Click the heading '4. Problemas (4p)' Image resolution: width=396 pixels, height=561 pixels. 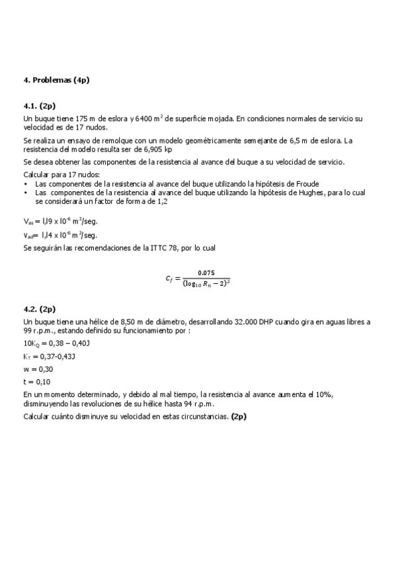[x=56, y=80]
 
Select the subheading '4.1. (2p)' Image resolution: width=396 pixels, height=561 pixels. [x=40, y=105]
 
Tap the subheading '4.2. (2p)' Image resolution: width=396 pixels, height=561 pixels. [x=40, y=308]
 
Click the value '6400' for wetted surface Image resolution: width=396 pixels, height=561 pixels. [x=143, y=118]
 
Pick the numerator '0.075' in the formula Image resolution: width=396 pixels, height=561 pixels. [x=206, y=273]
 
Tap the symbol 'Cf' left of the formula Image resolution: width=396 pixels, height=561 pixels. [x=169, y=279]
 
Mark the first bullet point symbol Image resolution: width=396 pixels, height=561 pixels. [x=25, y=184]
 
